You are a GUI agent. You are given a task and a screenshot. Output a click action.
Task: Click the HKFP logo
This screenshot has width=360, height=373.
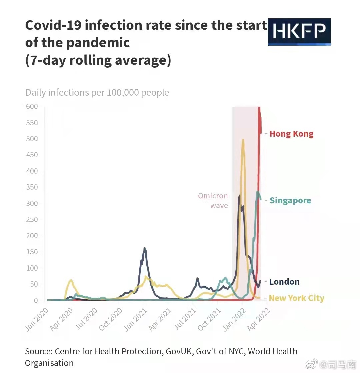(x=299, y=32)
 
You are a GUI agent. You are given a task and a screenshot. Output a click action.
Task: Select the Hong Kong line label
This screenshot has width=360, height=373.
(x=291, y=134)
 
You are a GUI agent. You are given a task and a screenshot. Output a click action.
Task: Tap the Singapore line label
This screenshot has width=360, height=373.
(x=290, y=200)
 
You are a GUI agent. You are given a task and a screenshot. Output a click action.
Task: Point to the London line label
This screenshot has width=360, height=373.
(x=284, y=282)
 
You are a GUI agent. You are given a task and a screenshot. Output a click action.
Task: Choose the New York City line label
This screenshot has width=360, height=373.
(x=296, y=298)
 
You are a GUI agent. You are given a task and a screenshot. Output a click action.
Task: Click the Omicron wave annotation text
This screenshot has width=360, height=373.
(x=213, y=201)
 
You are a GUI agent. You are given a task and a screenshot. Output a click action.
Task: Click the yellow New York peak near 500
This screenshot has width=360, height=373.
(x=243, y=140)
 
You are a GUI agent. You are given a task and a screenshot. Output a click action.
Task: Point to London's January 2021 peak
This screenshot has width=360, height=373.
(x=144, y=248)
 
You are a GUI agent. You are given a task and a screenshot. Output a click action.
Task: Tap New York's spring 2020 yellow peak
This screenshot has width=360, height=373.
(x=71, y=280)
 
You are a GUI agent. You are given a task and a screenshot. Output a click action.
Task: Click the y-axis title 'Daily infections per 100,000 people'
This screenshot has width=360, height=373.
(x=97, y=92)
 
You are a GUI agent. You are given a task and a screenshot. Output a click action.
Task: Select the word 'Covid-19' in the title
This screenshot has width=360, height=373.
(x=53, y=25)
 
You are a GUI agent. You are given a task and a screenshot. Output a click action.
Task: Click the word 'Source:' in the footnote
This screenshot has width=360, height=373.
(x=38, y=351)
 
